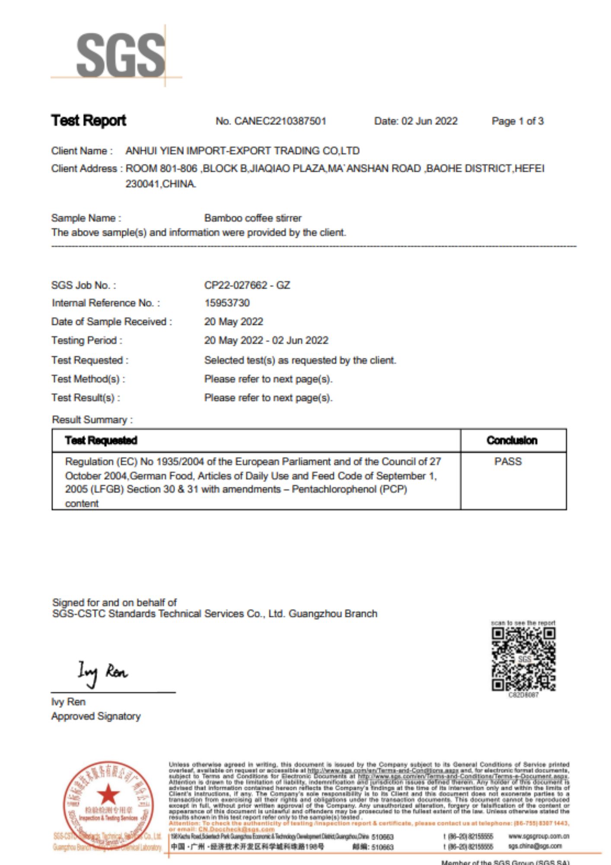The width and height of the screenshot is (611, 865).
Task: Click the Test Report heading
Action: (89, 120)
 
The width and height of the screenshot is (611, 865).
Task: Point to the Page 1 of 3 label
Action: (517, 121)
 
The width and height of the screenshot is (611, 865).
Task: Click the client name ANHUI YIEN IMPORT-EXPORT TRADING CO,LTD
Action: (242, 151)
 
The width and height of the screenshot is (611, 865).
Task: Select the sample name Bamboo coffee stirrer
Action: (253, 218)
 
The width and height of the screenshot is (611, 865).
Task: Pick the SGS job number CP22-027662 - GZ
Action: (247, 285)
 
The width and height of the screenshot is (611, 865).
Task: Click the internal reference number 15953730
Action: (227, 303)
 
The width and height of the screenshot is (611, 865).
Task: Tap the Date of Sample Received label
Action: (111, 322)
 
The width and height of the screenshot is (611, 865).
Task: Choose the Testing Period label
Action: (86, 341)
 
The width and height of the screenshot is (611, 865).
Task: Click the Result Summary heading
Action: (92, 420)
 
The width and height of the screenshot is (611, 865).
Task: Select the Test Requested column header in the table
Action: (101, 440)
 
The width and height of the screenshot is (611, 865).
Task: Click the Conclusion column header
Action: (512, 440)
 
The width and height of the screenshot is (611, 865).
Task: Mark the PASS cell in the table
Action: (508, 461)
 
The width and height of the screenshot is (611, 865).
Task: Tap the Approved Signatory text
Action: (96, 716)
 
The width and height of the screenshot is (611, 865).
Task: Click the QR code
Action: (523, 659)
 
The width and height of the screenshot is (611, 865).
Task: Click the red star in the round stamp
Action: (108, 794)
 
